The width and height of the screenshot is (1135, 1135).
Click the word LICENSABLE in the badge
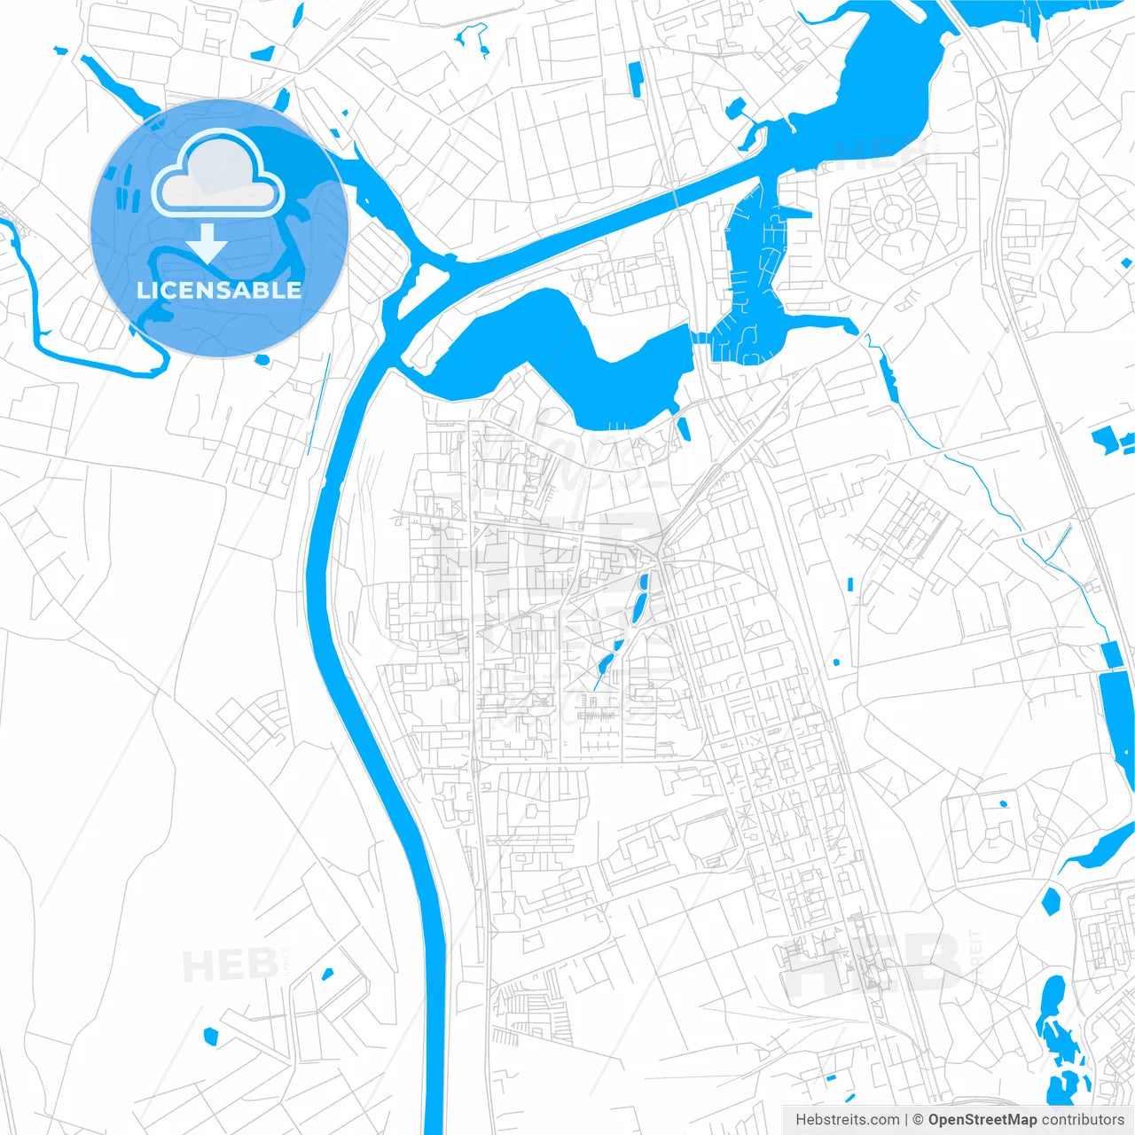click(219, 290)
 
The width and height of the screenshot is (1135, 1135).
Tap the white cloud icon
click(218, 174)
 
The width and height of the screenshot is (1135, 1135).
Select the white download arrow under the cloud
click(207, 242)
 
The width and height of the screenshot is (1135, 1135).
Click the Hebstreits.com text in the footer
click(847, 1120)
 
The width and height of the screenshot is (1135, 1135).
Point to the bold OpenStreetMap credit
click(982, 1120)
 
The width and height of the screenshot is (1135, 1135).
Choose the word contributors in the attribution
click(1083, 1120)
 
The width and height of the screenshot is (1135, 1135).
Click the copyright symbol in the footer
click(919, 1120)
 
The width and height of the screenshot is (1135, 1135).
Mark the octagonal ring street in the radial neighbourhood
click(887, 213)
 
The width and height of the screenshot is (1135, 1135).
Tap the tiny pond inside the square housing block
click(1003, 804)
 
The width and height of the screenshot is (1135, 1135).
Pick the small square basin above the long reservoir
click(1111, 654)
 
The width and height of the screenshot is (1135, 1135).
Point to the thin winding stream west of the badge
click(35, 301)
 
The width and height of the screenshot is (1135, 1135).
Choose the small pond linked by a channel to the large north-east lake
click(735, 110)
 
